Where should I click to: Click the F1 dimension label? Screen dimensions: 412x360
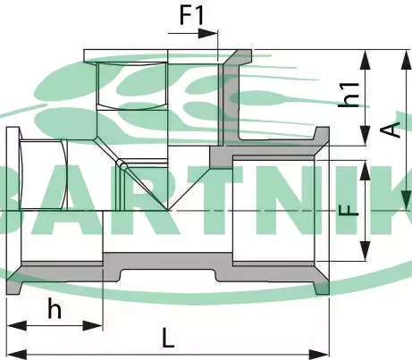coord(191,15)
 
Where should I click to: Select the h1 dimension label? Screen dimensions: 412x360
coord(349,95)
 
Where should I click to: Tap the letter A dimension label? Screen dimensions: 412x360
coord(391,130)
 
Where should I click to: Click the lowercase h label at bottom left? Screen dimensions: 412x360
coord(55,309)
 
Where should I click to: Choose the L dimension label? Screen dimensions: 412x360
coord(168,338)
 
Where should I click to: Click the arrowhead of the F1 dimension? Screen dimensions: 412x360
coord(208,33)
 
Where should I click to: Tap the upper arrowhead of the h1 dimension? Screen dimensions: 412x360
coord(366,61)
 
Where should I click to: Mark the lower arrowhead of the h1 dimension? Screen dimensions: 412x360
coord(366,136)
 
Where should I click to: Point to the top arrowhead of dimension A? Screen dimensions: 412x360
coord(406,60)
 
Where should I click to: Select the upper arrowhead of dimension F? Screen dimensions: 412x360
coord(366,171)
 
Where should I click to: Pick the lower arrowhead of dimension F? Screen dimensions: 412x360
coord(366,251)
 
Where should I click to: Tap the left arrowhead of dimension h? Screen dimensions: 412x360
coord(17,325)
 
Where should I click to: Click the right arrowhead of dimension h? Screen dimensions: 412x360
coord(93,325)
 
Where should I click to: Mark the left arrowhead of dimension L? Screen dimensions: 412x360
coord(17,355)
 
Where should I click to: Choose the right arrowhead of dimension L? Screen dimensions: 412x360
coord(319,355)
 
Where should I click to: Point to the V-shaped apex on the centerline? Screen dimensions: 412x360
coord(168,211)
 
